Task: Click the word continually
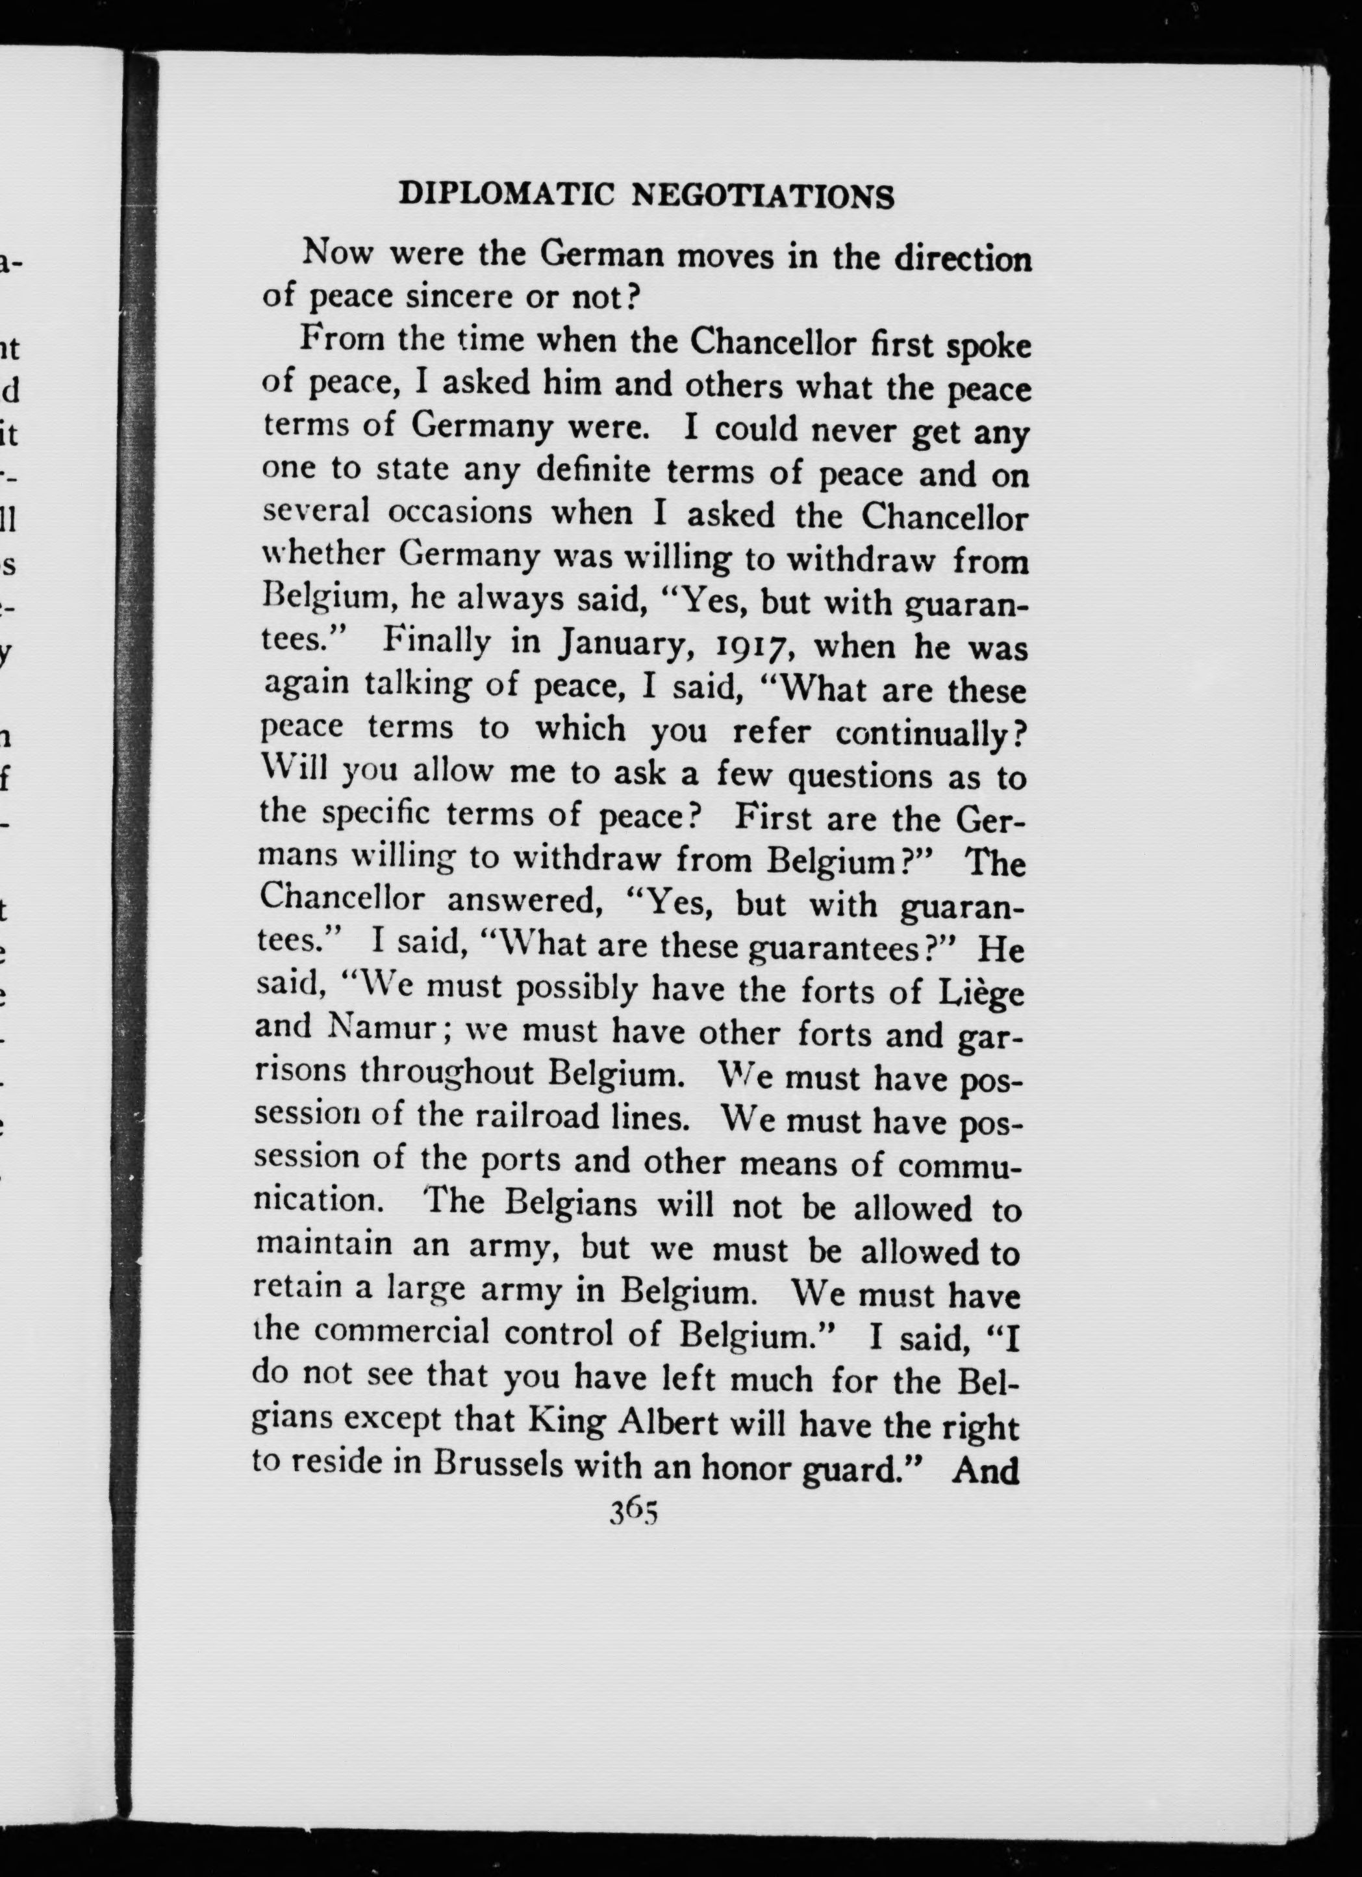[924, 732]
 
